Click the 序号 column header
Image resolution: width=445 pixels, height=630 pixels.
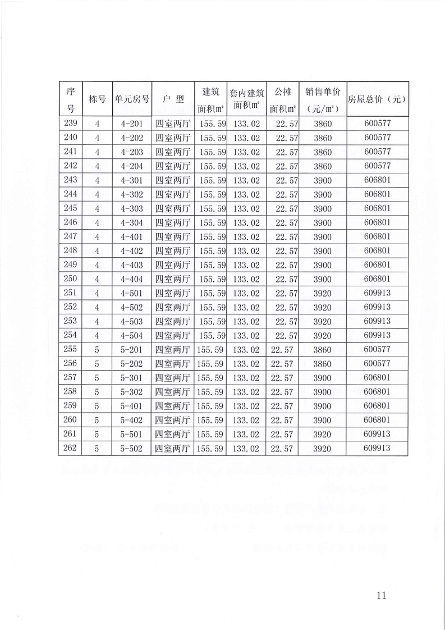click(x=70, y=99)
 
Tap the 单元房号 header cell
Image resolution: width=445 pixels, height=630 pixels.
click(x=132, y=99)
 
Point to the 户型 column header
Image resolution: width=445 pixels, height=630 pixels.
click(x=172, y=99)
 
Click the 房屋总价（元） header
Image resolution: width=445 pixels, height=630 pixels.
click(x=377, y=99)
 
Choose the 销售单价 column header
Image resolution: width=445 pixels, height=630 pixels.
click(x=323, y=99)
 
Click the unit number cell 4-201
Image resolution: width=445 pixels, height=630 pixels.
click(x=132, y=124)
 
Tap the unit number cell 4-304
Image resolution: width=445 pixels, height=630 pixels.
click(x=132, y=222)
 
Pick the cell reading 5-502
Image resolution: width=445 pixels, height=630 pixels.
click(x=132, y=449)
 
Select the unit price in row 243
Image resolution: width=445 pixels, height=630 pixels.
click(x=323, y=180)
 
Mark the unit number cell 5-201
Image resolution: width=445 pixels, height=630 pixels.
click(x=132, y=349)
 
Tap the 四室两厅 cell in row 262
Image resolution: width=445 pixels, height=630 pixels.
click(x=172, y=449)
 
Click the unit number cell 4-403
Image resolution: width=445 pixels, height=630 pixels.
click(x=132, y=264)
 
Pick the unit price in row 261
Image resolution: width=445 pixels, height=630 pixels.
click(x=323, y=434)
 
